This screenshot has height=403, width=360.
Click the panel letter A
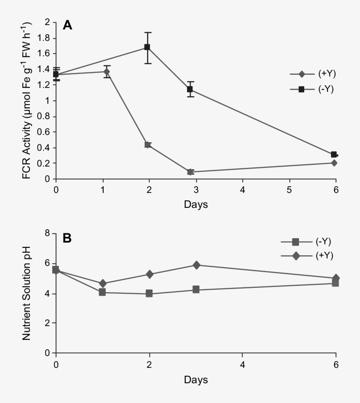[68, 25]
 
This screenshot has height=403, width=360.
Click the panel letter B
[68, 239]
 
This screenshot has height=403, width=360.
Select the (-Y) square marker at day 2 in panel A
[148, 47]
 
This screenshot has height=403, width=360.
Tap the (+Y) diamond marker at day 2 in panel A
[148, 145]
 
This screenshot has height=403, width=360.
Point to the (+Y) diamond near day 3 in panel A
[190, 172]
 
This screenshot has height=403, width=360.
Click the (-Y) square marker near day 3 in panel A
[190, 89]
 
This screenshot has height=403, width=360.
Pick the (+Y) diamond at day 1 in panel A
[107, 71]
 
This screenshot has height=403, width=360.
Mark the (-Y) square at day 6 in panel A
[334, 154]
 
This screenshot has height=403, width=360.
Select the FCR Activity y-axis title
[27, 100]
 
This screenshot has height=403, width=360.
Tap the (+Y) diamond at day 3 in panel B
[196, 265]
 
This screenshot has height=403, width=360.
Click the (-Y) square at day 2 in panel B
[149, 294]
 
